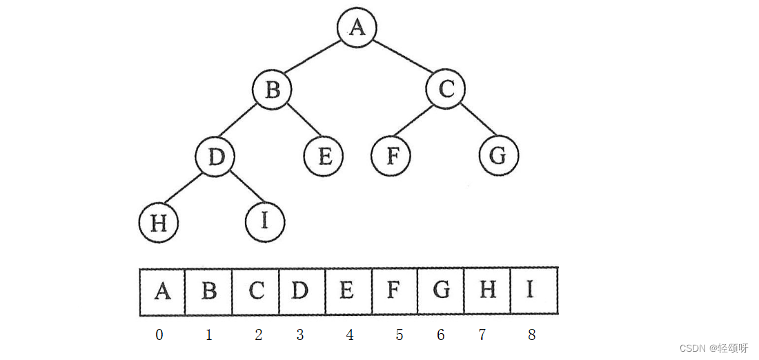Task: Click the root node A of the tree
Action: pyautogui.click(x=357, y=28)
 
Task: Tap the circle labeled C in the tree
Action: pyautogui.click(x=446, y=90)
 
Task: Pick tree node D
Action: pyautogui.click(x=215, y=157)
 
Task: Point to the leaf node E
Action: pyautogui.click(x=324, y=157)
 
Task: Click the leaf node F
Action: pyautogui.click(x=391, y=157)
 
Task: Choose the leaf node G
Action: pyautogui.click(x=498, y=157)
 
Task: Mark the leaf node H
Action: pyautogui.click(x=159, y=223)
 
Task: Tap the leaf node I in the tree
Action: pyautogui.click(x=265, y=222)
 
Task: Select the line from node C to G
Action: pyautogui.click(x=480, y=120)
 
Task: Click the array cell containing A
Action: pyautogui.click(x=162, y=291)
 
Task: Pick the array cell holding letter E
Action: pyautogui.click(x=348, y=291)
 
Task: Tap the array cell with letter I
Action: pyautogui.click(x=533, y=291)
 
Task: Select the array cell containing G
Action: pyautogui.click(x=440, y=291)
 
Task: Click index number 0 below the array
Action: pyautogui.click(x=159, y=335)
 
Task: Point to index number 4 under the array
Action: pyautogui.click(x=350, y=335)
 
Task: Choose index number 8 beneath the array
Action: pyautogui.click(x=531, y=335)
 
